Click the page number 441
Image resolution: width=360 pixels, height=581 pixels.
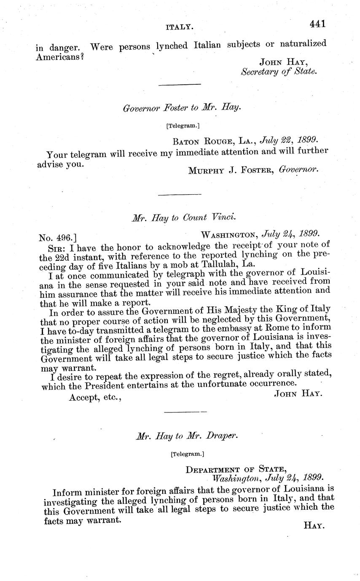pos(317,24)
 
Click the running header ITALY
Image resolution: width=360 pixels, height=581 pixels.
pos(180,27)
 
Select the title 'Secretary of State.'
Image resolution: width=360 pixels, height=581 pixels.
pos(279,71)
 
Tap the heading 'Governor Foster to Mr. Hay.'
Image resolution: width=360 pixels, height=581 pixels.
pos(182,108)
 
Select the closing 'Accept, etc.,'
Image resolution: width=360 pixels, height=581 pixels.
pos(96,397)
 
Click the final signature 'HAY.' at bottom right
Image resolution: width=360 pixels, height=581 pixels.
pos(313,526)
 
